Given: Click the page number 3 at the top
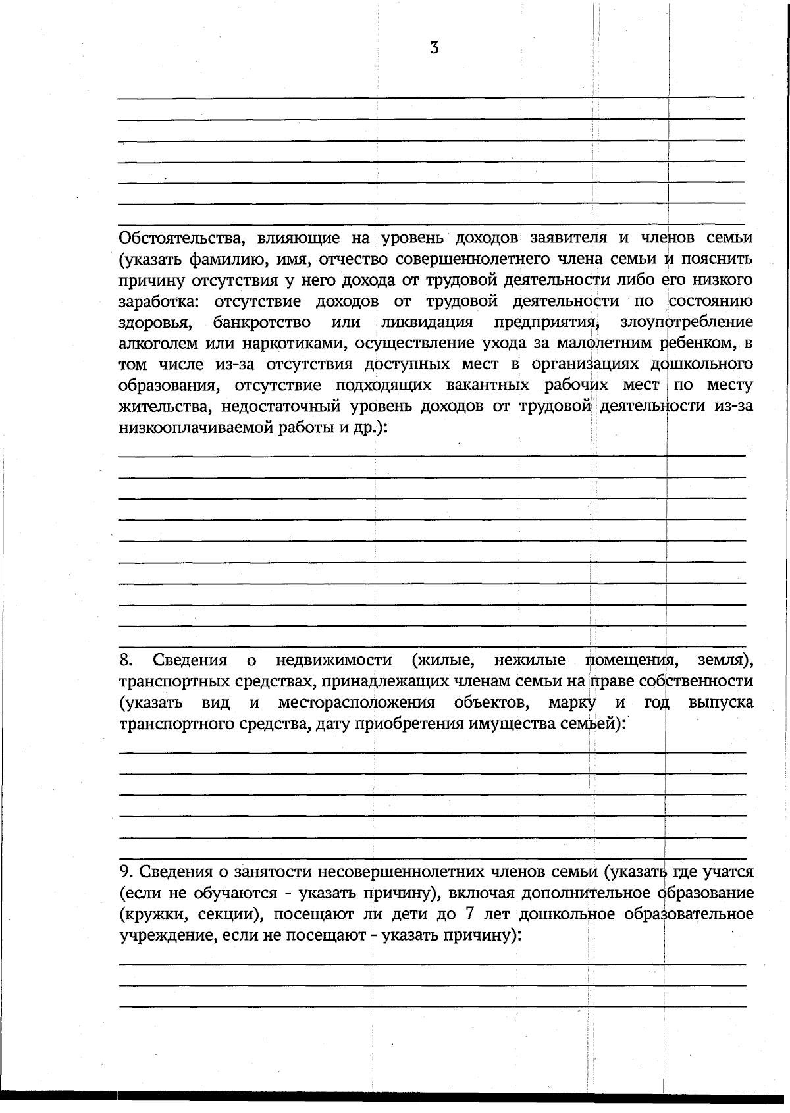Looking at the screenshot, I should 434,48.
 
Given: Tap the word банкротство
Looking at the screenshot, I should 262,323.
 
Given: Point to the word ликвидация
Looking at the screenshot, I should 427,323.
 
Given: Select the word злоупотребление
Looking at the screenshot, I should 686,323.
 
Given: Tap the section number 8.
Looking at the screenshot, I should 126,660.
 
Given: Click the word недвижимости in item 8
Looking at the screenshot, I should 334,660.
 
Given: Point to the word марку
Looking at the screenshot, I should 572,703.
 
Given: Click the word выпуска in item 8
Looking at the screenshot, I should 720,703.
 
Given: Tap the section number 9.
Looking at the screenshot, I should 126,873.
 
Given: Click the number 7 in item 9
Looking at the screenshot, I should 479,915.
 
